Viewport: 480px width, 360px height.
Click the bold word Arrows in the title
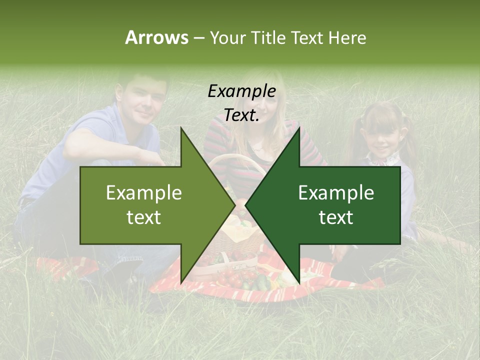pos(156,37)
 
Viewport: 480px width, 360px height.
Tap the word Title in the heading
pos(267,38)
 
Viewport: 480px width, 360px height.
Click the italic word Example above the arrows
pos(241,91)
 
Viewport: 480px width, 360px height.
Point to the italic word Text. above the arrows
pos(241,115)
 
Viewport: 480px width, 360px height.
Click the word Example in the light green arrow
pos(143,193)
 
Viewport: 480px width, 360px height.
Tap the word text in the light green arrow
pos(143,217)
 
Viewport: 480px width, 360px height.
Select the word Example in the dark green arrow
pos(336,193)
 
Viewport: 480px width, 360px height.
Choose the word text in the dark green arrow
pos(336,217)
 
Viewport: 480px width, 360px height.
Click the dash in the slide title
pos(198,38)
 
